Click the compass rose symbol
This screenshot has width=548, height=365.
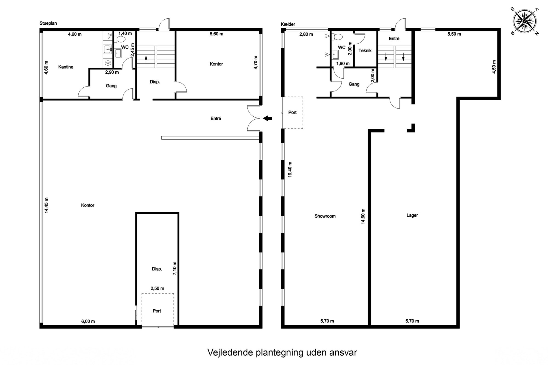coord(524,21)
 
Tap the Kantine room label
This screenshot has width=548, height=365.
coord(66,67)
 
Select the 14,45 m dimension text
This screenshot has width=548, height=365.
coord(46,205)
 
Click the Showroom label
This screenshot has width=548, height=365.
coord(325,216)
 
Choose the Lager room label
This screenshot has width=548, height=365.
coord(412,215)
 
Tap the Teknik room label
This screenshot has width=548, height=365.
coord(365,51)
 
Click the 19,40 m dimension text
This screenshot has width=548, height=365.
coord(290,169)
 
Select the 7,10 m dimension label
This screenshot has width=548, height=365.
coord(175,268)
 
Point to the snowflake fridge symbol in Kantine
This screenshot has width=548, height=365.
coord(108,63)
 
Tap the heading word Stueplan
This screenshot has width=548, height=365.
coord(48,23)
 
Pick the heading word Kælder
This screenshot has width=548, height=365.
coord(288,24)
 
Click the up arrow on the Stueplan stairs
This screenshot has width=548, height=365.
coord(146,59)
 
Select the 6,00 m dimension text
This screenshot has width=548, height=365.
coord(88,321)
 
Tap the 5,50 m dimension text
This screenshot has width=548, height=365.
coord(454,34)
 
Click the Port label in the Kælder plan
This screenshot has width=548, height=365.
coord(292,113)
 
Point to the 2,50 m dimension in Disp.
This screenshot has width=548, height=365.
coord(157,288)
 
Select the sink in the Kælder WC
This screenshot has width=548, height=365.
coord(335,55)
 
